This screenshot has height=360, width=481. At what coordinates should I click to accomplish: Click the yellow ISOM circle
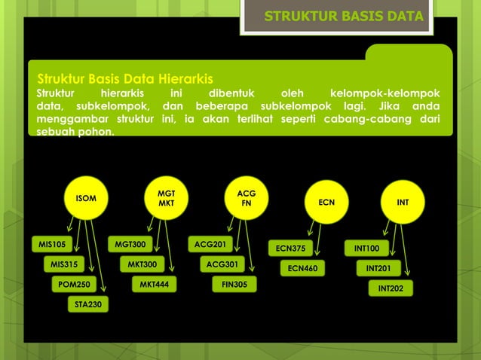(x=86, y=199)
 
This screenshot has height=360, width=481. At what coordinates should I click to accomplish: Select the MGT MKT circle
(x=166, y=199)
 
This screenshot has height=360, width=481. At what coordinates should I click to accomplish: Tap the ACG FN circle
(x=246, y=199)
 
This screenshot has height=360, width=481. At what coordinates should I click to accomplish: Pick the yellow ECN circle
(x=326, y=202)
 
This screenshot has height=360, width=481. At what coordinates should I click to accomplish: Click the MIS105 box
(x=52, y=244)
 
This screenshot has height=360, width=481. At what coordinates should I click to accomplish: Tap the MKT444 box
(x=154, y=285)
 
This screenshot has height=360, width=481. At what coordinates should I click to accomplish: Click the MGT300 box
(x=130, y=244)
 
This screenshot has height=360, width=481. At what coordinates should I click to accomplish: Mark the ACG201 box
(x=210, y=244)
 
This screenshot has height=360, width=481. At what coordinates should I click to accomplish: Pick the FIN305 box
(x=234, y=285)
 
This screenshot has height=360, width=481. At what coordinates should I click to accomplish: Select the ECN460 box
(x=302, y=267)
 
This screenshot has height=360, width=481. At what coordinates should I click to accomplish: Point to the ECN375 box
(x=290, y=248)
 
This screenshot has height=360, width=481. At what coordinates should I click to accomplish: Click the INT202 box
(x=391, y=288)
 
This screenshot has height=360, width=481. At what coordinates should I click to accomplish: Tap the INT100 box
(x=367, y=248)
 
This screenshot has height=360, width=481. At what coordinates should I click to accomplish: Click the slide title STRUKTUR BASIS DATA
(x=344, y=17)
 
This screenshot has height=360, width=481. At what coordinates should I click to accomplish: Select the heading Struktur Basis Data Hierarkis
(x=125, y=78)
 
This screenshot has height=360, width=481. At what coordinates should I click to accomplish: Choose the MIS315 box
(x=64, y=264)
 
